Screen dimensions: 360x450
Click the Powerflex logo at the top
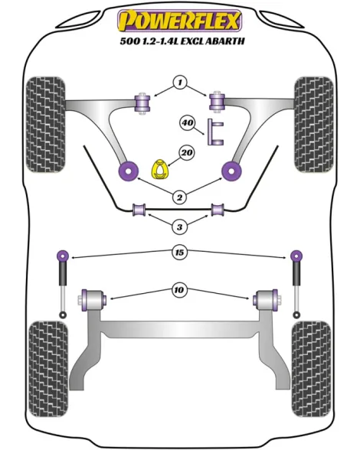coord(179,20)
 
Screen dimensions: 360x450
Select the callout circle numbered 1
coord(180,83)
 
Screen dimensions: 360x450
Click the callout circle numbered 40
coord(188,122)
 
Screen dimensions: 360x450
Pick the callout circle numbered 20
coord(187,152)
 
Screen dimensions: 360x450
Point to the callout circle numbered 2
coord(179,197)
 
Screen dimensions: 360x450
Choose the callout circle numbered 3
coord(179,227)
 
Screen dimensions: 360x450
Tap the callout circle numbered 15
coord(179,253)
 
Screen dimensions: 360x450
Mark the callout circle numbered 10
coord(179,290)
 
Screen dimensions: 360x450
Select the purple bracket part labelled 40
coord(215,132)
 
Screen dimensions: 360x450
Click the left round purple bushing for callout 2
coord(129,171)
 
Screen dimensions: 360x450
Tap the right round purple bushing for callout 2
coord(231,171)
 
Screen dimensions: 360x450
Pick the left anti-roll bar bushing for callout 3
coord(139,210)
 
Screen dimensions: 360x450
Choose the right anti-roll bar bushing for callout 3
coord(218,210)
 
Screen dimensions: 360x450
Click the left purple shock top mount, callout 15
coord(63,255)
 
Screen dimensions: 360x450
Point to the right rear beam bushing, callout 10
coord(266,300)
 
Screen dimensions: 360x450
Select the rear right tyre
coord(311,370)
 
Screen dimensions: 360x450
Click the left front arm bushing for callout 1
coord(142,103)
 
